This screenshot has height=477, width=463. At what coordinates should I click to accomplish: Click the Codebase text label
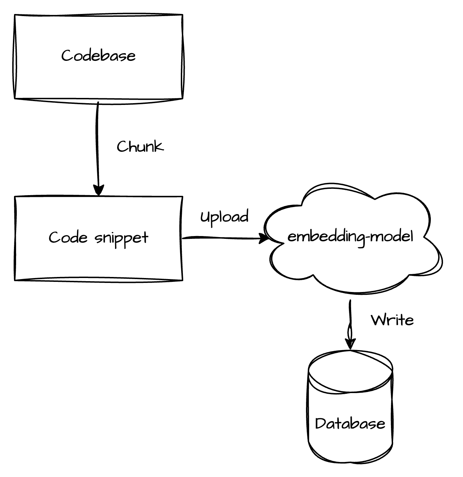coord(98,55)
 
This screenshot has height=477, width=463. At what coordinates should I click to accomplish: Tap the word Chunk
coord(140,147)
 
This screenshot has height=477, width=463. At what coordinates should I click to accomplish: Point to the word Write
coord(392,320)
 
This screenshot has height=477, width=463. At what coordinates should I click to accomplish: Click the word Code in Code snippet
coord(68,237)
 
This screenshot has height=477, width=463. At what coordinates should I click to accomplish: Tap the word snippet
coord(121,239)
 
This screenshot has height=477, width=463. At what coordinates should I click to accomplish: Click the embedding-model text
coord(350,237)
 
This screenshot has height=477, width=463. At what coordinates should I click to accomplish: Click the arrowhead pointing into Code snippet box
coord(99,190)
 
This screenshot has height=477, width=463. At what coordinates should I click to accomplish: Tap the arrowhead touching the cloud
coord(264,238)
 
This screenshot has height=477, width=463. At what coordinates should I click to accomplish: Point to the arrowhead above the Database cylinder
coord(350,344)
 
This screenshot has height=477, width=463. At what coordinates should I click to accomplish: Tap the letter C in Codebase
coord(66,55)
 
